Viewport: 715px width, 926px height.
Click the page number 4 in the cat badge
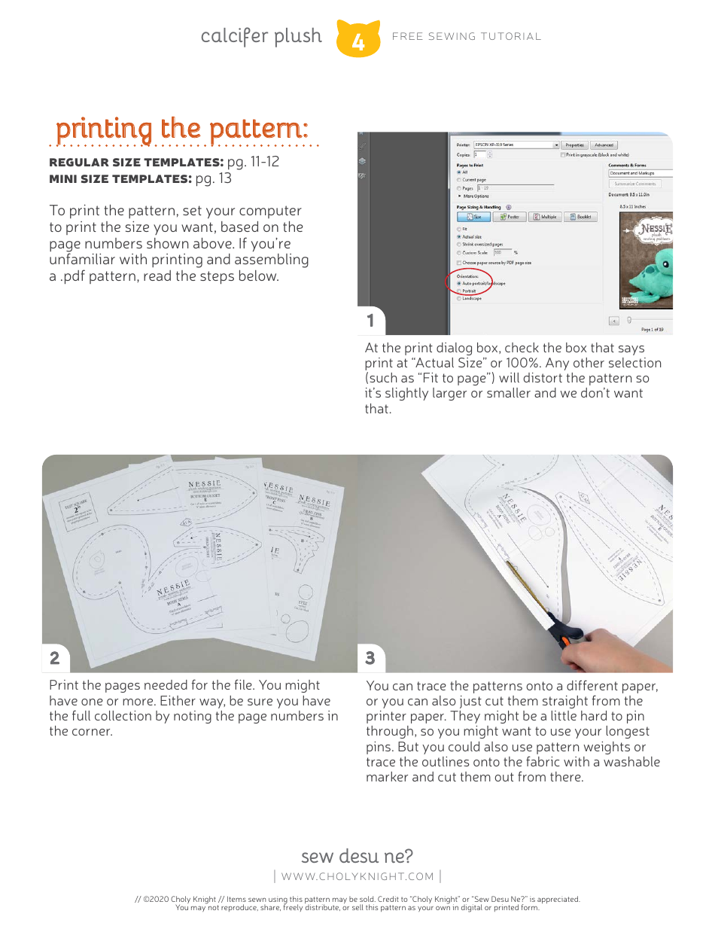click(358, 41)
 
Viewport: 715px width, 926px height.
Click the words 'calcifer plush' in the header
click(260, 36)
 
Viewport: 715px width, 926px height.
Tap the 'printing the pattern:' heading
click(182, 129)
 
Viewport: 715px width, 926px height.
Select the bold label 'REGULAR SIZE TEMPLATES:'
click(136, 163)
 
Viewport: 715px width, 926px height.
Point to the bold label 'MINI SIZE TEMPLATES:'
click(120, 179)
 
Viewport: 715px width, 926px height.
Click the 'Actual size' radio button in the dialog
click(459, 236)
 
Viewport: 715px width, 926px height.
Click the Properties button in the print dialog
click(574, 145)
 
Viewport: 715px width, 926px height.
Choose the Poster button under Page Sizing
click(510, 217)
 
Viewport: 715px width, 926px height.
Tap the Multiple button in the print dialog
click(545, 217)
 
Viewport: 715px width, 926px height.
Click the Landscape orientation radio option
click(459, 299)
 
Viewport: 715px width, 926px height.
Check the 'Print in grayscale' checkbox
click(563, 154)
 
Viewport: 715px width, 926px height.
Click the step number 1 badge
click(370, 321)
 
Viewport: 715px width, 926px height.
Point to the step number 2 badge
click(55, 658)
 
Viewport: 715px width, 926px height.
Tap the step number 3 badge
click(370, 658)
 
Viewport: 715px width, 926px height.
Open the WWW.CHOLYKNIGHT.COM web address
click(357, 876)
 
